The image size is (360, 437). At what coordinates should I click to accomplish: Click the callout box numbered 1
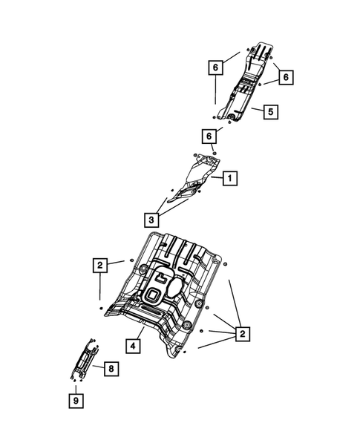click(x=230, y=178)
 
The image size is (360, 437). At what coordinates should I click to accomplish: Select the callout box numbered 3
click(x=151, y=219)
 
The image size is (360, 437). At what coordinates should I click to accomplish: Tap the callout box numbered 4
click(x=133, y=345)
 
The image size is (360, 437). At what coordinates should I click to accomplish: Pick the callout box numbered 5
click(x=271, y=112)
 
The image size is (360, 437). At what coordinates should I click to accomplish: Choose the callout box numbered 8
click(x=109, y=368)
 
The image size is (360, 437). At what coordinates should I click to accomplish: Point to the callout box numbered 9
click(x=76, y=401)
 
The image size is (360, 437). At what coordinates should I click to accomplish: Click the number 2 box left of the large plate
click(x=99, y=264)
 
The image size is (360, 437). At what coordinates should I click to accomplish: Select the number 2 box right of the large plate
click(x=241, y=335)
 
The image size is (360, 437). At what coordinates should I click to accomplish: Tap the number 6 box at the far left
click(x=215, y=68)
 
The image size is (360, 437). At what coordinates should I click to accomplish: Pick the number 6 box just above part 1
click(x=211, y=136)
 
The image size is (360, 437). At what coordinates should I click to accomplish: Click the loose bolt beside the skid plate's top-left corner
click(x=132, y=260)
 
